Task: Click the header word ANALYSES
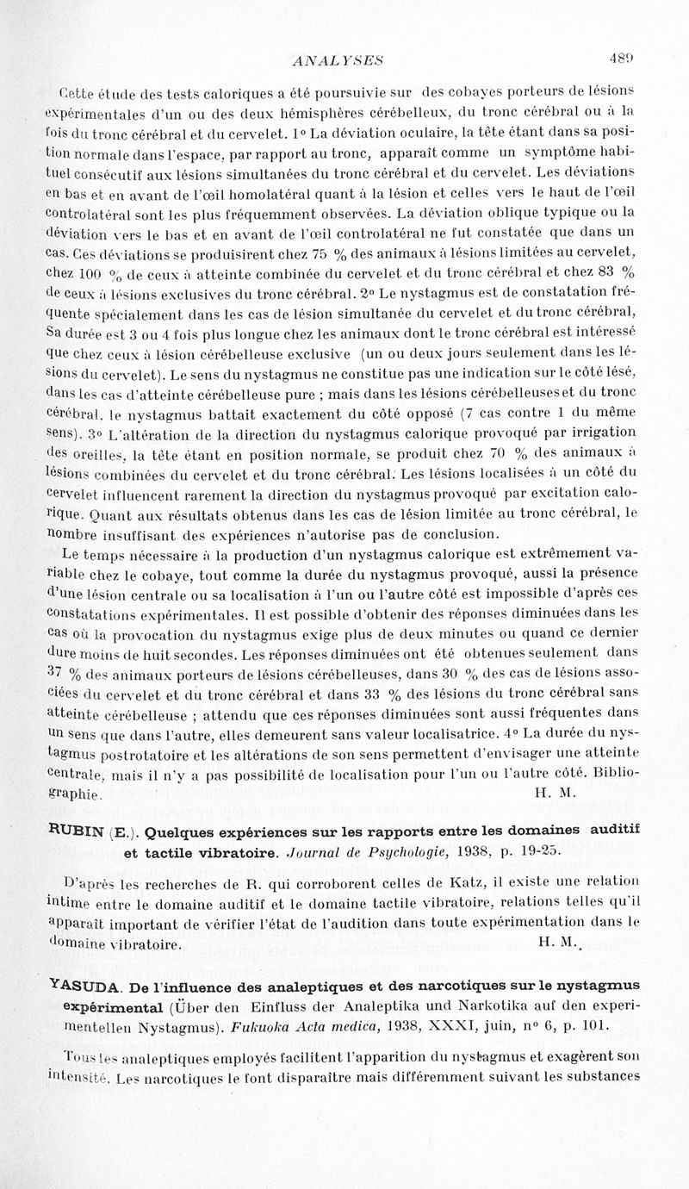click(338, 59)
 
